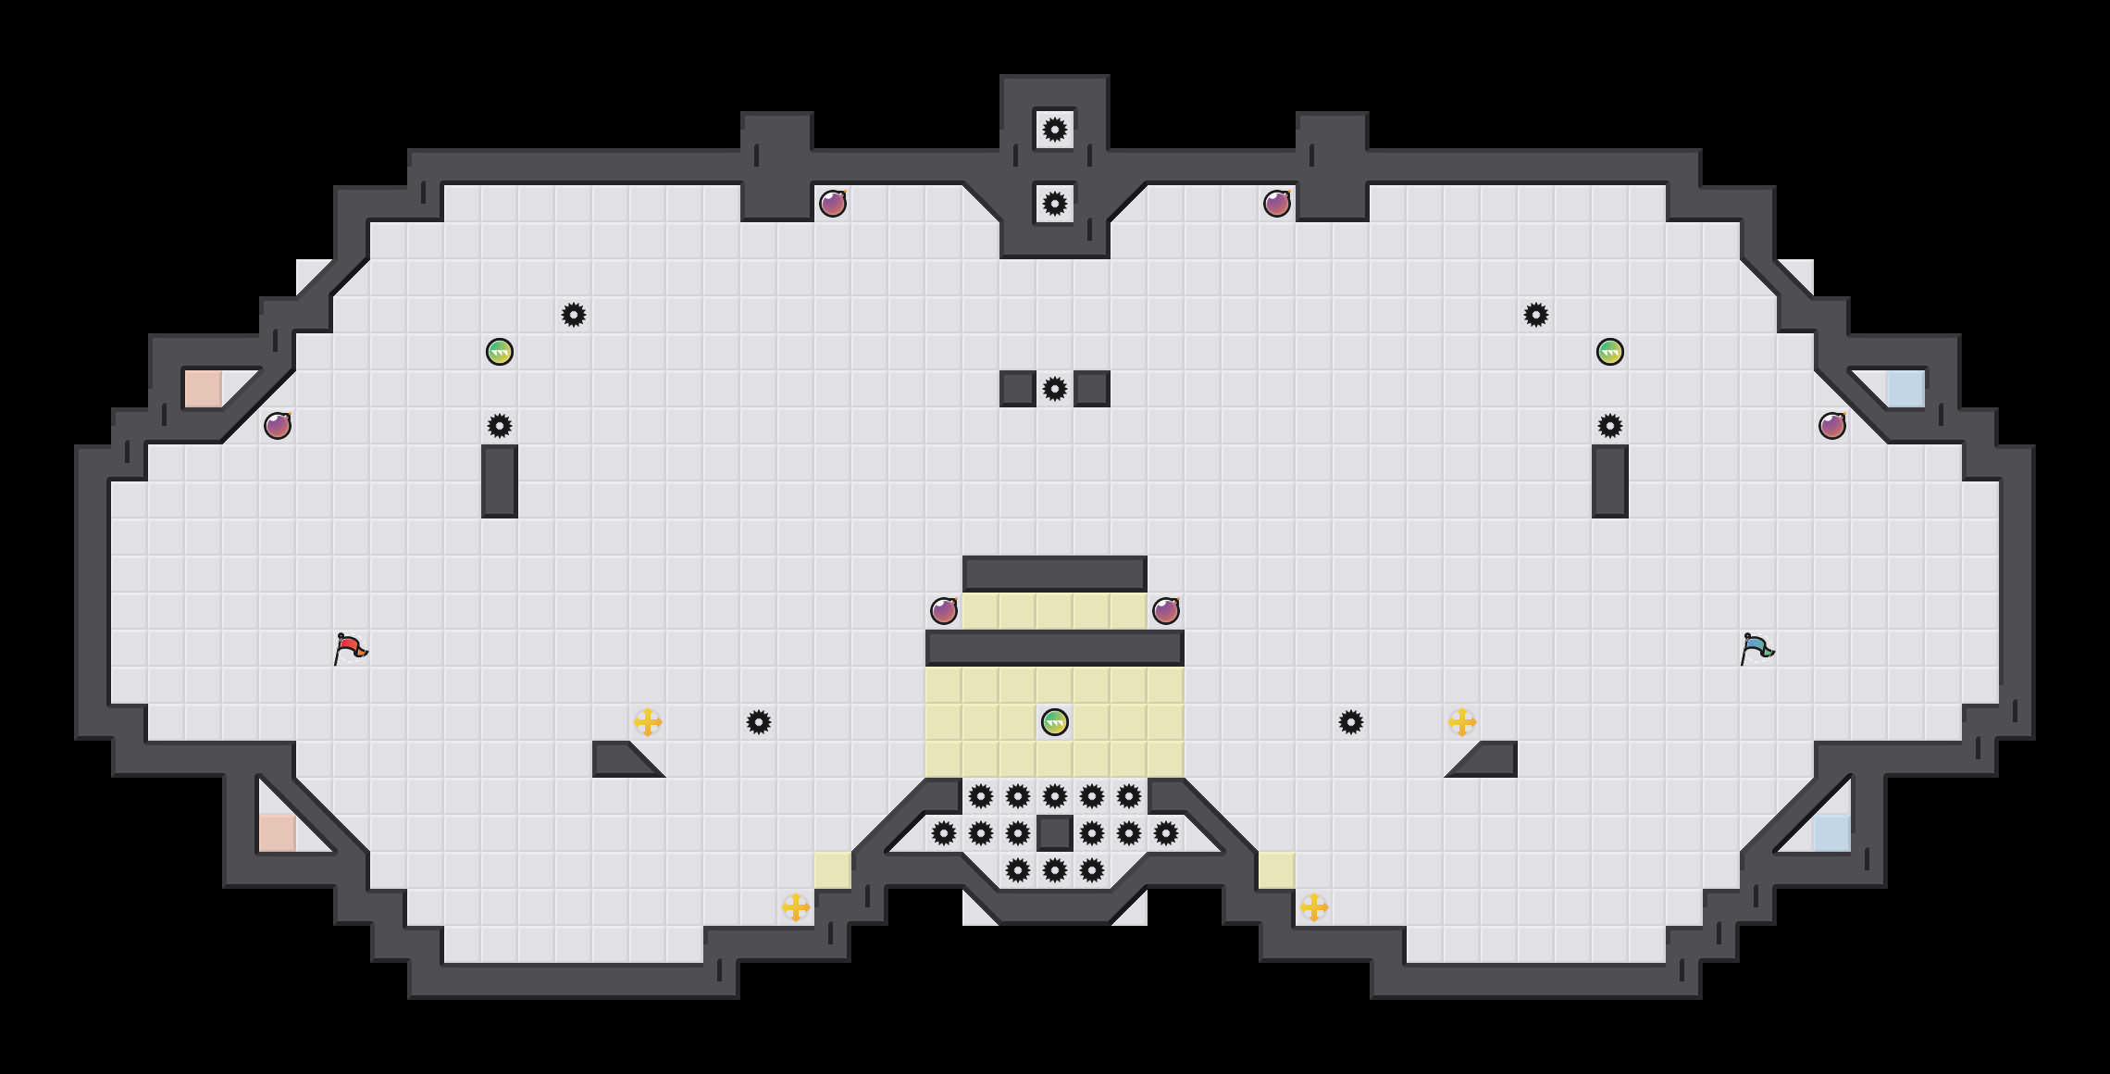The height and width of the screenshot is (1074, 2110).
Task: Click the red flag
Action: tap(350, 648)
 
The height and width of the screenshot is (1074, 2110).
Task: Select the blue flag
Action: tap(1756, 648)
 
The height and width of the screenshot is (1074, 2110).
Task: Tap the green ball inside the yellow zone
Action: tap(1055, 722)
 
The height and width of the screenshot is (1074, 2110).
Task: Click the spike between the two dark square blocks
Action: tap(1055, 389)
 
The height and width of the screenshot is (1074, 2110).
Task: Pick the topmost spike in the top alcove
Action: tap(1055, 130)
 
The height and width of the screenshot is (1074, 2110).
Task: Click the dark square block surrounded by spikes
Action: tap(1055, 833)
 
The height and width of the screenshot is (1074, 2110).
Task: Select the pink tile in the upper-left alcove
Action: tap(204, 389)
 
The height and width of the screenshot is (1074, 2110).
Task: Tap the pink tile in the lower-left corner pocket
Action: tap(278, 833)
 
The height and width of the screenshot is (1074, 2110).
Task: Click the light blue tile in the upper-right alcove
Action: tap(1906, 389)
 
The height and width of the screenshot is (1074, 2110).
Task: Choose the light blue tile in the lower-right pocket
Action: tap(1832, 833)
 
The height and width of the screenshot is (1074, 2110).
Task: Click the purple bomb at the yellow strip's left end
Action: tap(944, 611)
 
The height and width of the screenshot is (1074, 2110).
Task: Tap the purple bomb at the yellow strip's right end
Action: tap(1166, 611)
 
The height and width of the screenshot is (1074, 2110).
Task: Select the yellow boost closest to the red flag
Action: tap(648, 722)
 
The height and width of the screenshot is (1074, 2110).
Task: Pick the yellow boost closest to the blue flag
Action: tap(1462, 722)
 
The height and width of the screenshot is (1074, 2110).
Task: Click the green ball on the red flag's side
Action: tap(500, 352)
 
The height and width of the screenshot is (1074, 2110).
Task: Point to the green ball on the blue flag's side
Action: tap(1610, 352)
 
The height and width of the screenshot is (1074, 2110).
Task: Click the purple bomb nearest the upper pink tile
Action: tap(278, 426)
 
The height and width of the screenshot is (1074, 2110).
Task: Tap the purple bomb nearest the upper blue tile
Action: tap(1832, 426)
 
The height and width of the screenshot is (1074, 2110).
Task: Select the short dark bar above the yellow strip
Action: tap(1055, 574)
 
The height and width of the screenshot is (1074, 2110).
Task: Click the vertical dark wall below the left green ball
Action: tap(500, 481)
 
